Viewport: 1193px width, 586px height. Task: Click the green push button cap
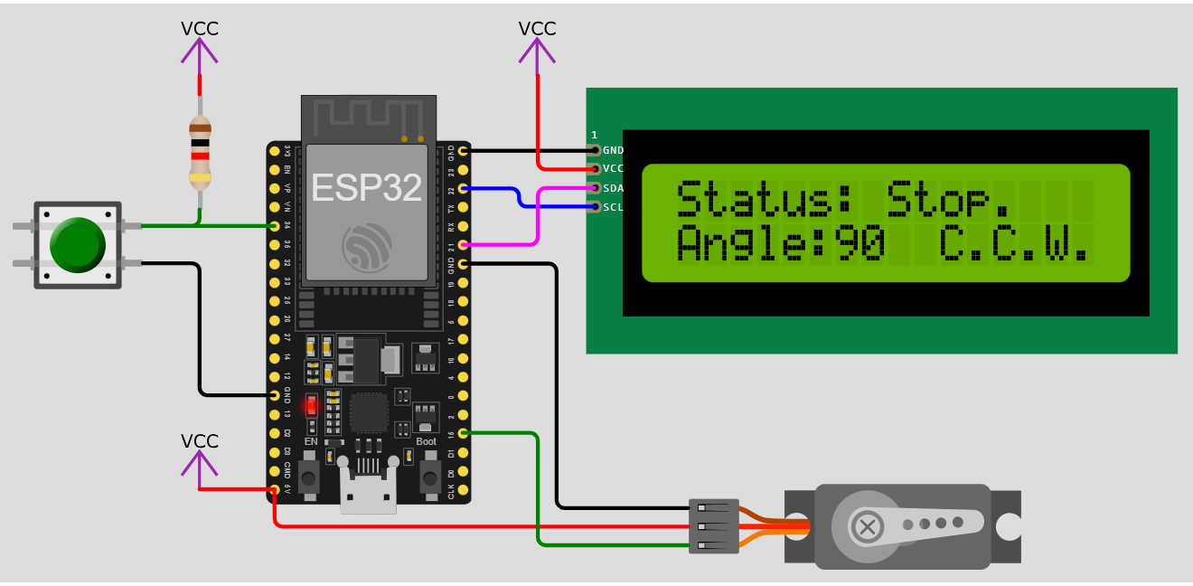[78, 244]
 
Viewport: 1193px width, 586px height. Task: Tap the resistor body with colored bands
[200, 152]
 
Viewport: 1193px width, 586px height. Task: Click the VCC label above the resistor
[200, 28]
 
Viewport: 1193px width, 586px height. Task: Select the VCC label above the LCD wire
[537, 28]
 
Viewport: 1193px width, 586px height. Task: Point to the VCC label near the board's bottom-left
[200, 440]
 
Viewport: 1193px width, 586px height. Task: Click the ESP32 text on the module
[366, 187]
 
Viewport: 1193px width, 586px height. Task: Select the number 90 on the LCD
[859, 244]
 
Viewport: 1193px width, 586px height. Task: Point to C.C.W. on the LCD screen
[1013, 244]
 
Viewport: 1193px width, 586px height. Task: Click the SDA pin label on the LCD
[613, 188]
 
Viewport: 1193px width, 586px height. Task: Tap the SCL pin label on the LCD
[613, 207]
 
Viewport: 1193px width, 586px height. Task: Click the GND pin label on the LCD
[613, 150]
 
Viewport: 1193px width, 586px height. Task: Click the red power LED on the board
[311, 405]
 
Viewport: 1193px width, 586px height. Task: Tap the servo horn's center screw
[868, 525]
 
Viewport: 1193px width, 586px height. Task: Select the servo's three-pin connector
[713, 526]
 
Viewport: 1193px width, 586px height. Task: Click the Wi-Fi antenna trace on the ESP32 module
[367, 115]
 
